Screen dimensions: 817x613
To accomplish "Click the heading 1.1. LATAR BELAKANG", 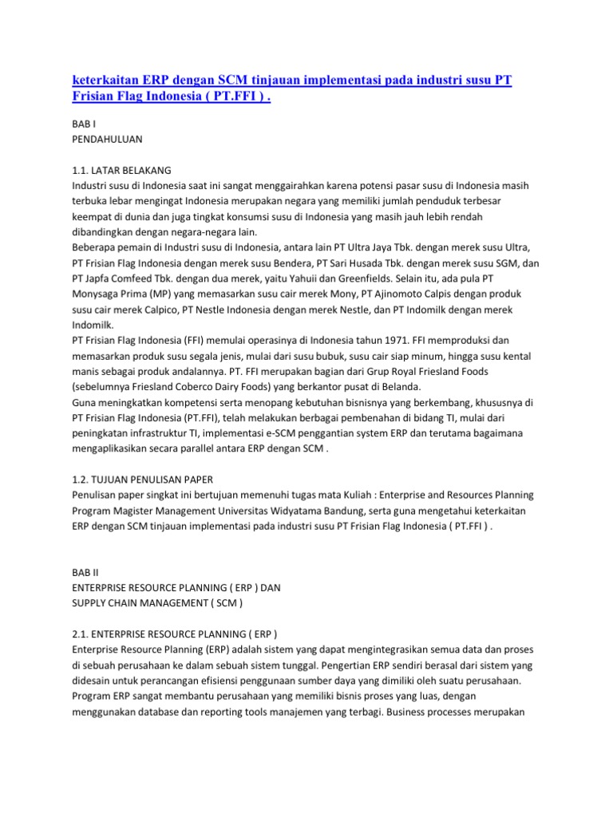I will (121, 170).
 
